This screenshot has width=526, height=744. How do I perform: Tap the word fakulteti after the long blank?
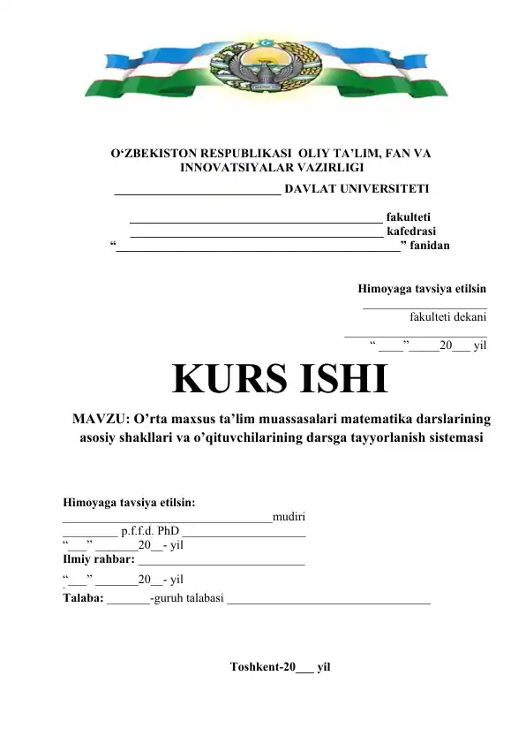click(x=409, y=215)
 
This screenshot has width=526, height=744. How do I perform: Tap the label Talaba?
click(x=83, y=598)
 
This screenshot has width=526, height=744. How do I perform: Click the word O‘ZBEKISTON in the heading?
click(x=154, y=153)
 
